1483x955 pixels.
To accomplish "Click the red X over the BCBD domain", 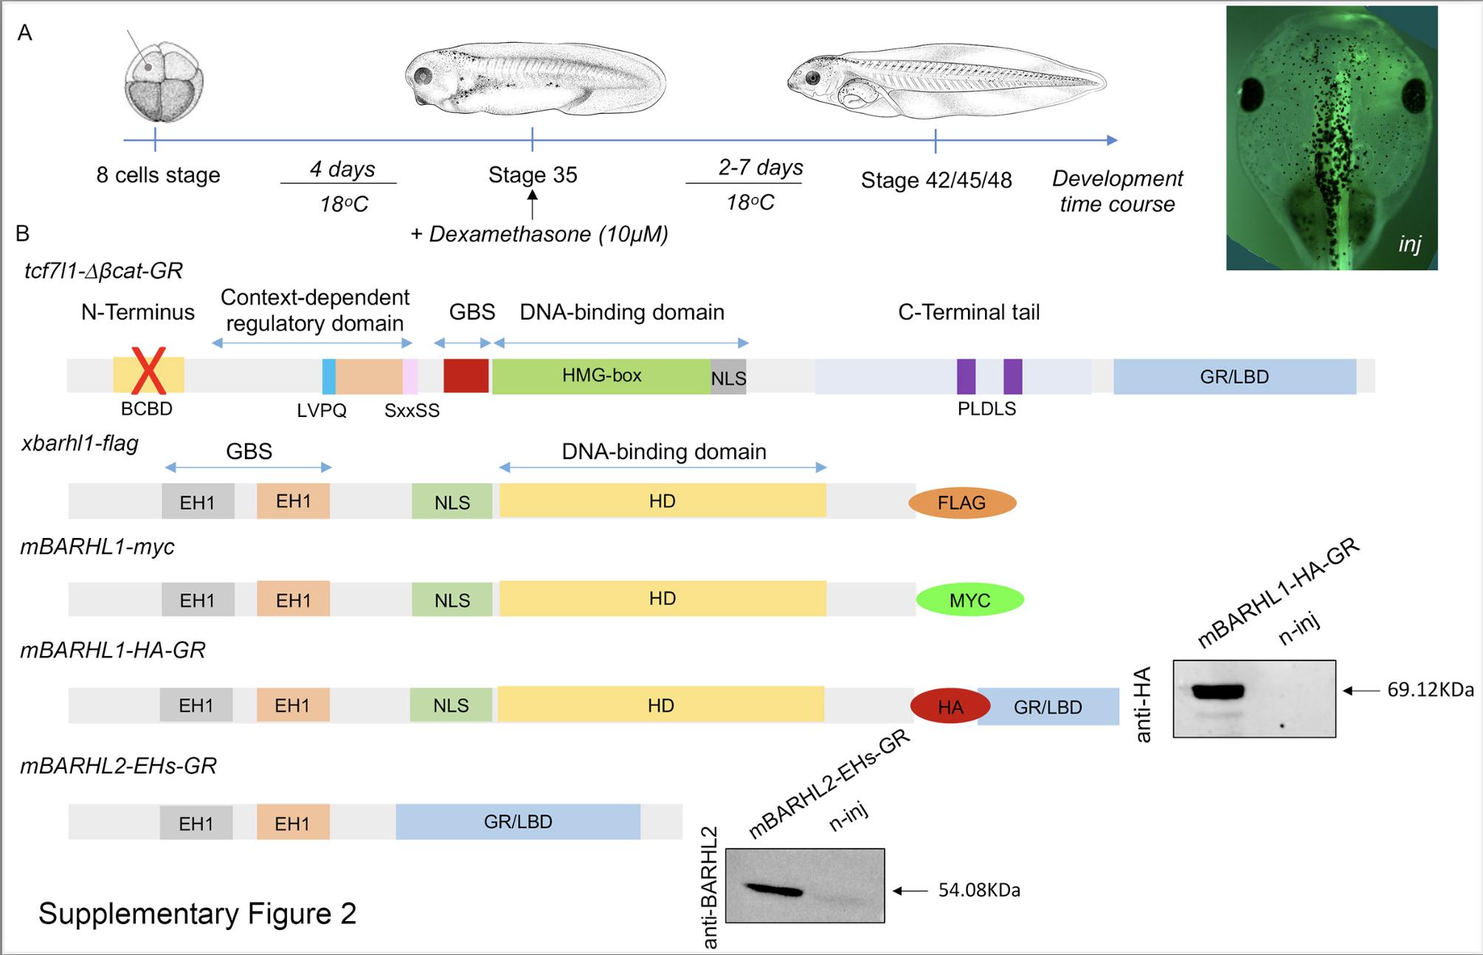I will coord(148,371).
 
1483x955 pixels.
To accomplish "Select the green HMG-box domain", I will coord(601,376).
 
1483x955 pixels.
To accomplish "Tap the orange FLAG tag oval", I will coord(962,503).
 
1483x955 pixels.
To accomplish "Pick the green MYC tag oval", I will coord(969,601).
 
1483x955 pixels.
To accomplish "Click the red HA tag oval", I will coord(950,707).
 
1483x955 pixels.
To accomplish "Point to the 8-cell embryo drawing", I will coord(163,82).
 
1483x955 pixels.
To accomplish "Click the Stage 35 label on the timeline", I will coord(533,176).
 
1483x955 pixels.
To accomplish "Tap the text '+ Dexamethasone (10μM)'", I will coord(539,235).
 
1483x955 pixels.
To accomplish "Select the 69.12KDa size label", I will coord(1430,690).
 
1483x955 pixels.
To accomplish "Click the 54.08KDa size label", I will coord(979,891).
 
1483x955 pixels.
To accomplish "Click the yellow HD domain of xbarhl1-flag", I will coord(663,502).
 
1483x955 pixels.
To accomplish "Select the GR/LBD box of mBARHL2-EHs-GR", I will coord(518,822).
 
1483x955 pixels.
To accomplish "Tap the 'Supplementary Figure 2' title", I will coord(198,914).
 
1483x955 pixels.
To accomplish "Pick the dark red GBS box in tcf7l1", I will coord(466,376).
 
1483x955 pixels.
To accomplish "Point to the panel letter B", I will coord(23,234).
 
